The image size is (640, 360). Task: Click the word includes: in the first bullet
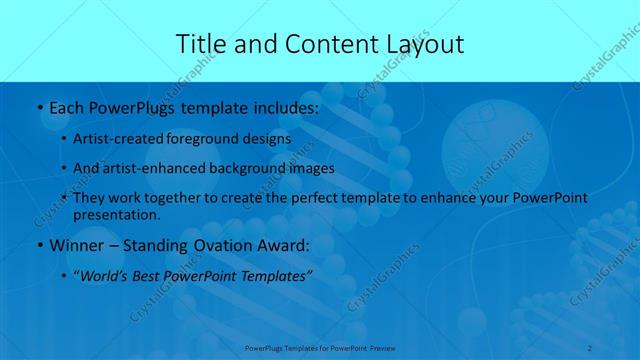tap(281, 107)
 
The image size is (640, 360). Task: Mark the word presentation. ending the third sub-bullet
tap(116, 214)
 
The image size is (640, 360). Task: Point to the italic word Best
tap(151, 277)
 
